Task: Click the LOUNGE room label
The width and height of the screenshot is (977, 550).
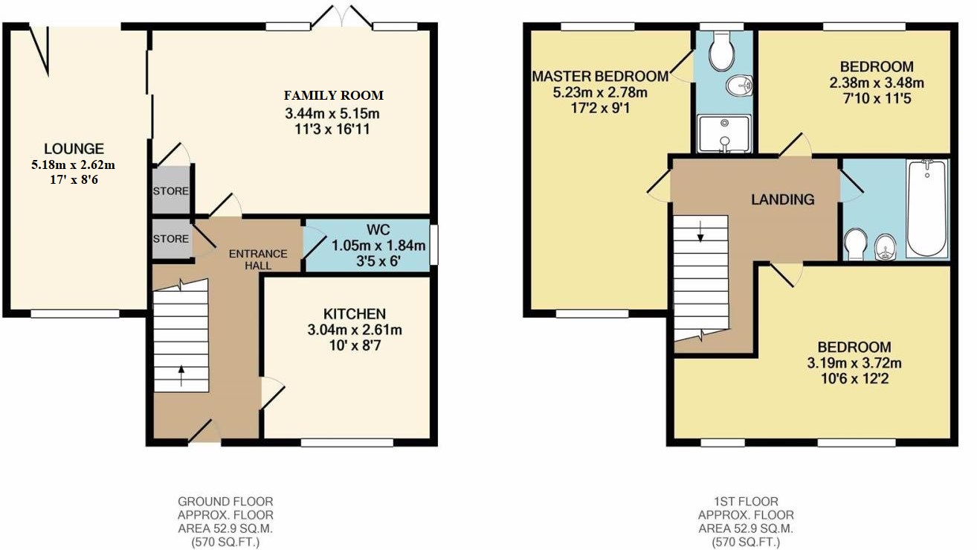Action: point(74,149)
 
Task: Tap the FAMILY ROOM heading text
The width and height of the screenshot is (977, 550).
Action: point(334,95)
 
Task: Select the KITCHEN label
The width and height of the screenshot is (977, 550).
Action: point(355,314)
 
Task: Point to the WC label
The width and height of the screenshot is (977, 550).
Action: point(378,230)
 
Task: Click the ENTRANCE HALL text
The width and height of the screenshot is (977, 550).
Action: point(258,260)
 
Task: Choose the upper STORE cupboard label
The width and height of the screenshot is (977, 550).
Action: point(170,191)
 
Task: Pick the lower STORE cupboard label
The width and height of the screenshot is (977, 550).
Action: point(170,239)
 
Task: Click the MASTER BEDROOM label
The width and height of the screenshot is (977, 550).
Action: point(600,77)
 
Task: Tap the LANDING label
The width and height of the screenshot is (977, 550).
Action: point(783,199)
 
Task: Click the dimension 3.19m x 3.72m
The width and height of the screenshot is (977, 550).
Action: point(854,362)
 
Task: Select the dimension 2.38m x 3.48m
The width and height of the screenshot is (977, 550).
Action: point(877,83)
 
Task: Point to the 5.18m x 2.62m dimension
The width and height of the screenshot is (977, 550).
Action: point(74,165)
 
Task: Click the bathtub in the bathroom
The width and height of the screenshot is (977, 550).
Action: point(927,208)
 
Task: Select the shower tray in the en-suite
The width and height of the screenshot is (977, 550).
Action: point(725,133)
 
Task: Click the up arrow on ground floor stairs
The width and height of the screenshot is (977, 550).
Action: point(181,376)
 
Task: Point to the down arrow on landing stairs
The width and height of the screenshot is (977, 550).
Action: point(700,231)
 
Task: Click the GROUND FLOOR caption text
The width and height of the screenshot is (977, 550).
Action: point(225,502)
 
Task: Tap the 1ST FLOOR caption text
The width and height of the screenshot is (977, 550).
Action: point(746,502)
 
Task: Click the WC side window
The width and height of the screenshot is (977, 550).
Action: point(434,245)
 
